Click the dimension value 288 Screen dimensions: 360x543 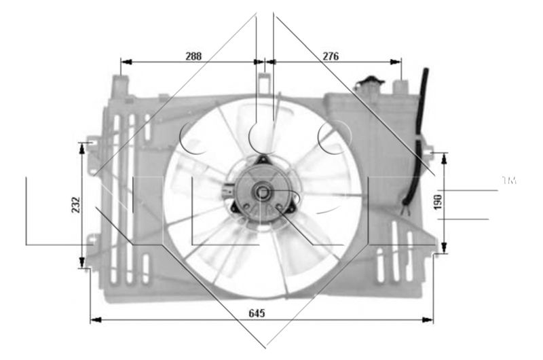tap(193, 56)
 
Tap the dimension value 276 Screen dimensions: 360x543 tap(331, 56)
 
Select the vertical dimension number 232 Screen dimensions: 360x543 tap(75, 205)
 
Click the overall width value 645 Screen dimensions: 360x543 tap(256, 313)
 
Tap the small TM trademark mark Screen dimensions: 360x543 tap(508, 181)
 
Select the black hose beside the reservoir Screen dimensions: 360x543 tap(417, 136)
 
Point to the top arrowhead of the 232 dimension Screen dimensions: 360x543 tap(83, 146)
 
